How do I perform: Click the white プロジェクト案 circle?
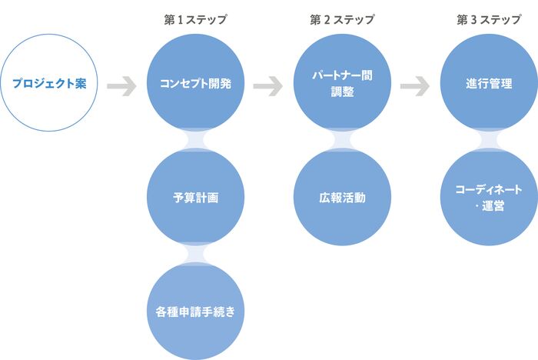(48, 82)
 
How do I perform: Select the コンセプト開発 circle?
(195, 82)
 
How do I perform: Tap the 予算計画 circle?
(195, 197)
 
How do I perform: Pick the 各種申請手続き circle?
(195, 312)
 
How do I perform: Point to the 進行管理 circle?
(488, 82)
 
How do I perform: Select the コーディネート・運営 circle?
(488, 197)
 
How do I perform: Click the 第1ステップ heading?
(195, 19)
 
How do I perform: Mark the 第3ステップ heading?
(488, 19)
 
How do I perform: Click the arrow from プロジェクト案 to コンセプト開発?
(121, 86)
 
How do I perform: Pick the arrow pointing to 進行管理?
(415, 86)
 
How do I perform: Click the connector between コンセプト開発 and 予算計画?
(195, 139)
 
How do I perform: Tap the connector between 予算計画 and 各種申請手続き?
(195, 254)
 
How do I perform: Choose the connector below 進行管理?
(488, 139)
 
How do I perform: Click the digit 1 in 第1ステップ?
(178, 19)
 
